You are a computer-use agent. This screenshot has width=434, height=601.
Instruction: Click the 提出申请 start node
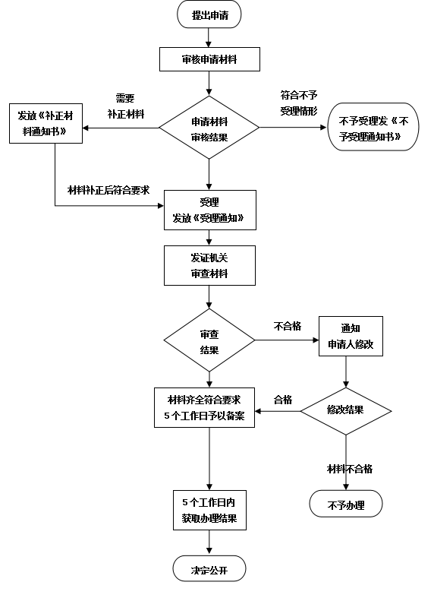(209, 14)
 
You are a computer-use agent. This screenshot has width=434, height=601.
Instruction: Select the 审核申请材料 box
(209, 59)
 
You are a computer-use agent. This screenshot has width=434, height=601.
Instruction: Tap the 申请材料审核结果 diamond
(209, 127)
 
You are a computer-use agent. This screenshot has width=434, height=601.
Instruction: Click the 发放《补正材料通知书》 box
(46, 123)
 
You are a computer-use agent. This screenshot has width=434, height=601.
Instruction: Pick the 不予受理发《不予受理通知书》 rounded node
(373, 127)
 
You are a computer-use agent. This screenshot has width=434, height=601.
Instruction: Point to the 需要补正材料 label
(125, 106)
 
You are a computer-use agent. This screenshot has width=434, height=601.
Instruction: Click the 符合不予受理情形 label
(299, 103)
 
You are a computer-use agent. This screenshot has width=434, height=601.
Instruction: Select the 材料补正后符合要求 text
(108, 190)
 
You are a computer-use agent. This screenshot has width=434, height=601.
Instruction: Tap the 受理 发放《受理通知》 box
(210, 210)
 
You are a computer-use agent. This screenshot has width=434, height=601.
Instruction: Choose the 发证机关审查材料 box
(209, 266)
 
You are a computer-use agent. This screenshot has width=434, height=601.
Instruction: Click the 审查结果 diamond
(209, 340)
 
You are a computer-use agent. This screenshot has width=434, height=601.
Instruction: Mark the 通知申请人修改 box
(351, 336)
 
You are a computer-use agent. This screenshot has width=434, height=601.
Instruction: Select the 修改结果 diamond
(346, 411)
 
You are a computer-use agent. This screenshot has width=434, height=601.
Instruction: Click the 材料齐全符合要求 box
(204, 407)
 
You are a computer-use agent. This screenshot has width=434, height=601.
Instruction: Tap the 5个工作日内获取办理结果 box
(209, 510)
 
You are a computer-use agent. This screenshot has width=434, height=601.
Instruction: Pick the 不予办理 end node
(346, 504)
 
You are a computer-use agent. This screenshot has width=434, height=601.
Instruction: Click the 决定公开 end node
(209, 569)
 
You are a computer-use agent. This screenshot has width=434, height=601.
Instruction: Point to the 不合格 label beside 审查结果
(288, 326)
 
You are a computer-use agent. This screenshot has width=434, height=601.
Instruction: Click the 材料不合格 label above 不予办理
(350, 469)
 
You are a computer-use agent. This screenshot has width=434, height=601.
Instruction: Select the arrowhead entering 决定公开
(209, 552)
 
